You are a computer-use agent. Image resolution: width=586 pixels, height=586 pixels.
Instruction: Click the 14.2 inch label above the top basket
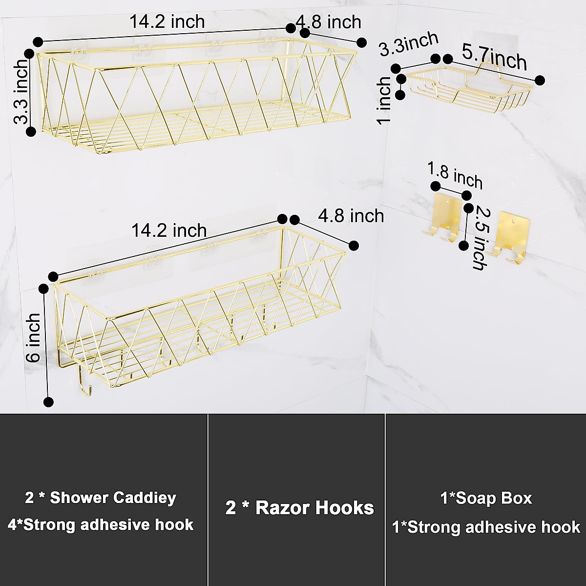(x=167, y=22)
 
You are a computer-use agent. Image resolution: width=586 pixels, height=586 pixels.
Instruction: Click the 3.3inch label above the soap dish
(x=409, y=45)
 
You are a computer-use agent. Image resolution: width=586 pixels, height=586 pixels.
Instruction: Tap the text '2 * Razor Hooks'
(x=299, y=508)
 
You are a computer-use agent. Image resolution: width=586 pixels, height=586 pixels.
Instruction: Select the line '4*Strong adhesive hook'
(x=101, y=525)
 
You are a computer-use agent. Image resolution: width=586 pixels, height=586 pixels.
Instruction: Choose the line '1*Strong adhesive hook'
(x=486, y=527)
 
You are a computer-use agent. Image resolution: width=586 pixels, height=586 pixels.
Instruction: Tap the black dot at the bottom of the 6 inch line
(x=48, y=402)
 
